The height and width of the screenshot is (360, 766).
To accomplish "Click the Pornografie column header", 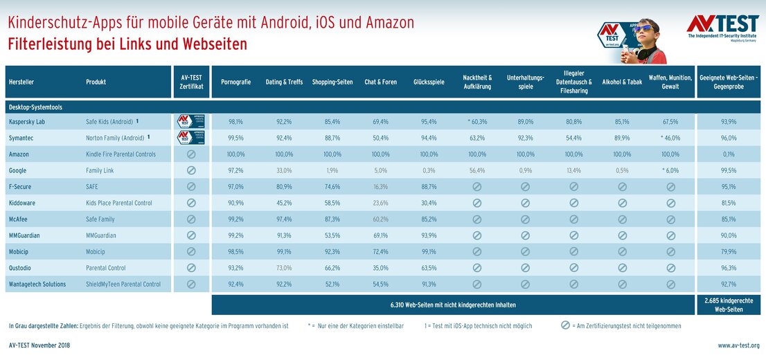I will coord(235,82).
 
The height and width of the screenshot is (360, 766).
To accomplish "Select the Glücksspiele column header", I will coord(428,82).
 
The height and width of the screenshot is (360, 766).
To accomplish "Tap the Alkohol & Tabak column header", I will coord(621,82).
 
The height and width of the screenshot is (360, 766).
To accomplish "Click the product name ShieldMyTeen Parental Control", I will coord(123,285).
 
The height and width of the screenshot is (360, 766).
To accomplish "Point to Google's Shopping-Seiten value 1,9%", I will coord(332,170).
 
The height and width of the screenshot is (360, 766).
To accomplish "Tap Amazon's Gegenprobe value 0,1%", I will coord(728,154).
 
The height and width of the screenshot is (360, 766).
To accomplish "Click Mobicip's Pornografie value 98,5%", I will coord(235,252).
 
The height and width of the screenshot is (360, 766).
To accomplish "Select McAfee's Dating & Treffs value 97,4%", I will coord(284,219).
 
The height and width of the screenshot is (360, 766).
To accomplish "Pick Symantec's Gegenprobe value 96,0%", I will coord(728,138).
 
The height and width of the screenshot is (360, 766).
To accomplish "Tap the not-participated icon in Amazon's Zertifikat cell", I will coord(191,154).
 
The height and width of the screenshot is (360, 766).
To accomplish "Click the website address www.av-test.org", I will coord(738,345).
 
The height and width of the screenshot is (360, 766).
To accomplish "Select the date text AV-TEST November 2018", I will coord(39,345).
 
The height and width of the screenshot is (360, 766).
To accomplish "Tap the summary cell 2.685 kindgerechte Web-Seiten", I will coord(728,305).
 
